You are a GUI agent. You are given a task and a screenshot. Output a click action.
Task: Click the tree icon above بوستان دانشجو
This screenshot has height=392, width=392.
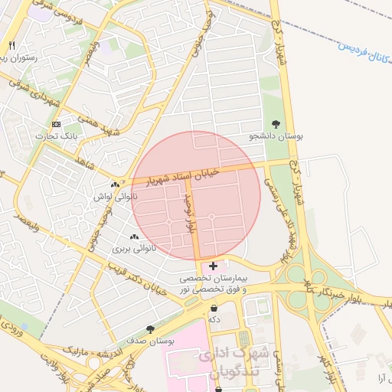tap(276, 123)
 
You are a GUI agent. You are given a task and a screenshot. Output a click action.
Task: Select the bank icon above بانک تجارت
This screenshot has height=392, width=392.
tap(56, 124)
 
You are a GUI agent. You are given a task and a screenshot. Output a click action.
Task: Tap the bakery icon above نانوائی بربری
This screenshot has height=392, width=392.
tap(135, 237)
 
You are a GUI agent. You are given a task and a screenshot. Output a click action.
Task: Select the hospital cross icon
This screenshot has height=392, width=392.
tap(213, 265)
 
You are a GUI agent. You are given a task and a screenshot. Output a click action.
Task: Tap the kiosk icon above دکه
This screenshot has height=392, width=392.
tap(213, 308)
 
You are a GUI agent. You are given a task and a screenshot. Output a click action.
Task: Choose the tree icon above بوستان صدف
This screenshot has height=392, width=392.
tap(150, 328)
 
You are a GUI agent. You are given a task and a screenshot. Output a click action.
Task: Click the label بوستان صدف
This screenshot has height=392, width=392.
tap(150, 340)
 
